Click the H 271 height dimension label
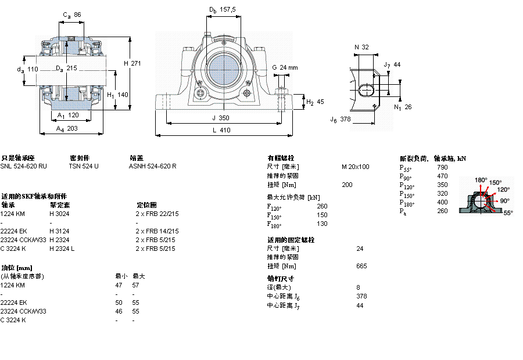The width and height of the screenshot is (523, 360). click(x=133, y=63)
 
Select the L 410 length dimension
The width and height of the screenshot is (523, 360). click(x=221, y=131)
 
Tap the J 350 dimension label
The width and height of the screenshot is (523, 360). click(x=221, y=118)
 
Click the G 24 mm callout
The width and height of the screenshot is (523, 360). click(x=285, y=68)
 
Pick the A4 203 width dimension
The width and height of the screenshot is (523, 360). click(x=67, y=129)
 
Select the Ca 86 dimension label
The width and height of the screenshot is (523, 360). click(x=71, y=15)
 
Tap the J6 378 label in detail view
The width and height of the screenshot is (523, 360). click(x=341, y=120)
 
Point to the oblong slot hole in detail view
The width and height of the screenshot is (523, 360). click(x=368, y=89)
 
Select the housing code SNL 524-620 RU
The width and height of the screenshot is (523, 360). click(x=24, y=166)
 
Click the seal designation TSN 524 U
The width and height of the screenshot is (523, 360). click(x=84, y=166)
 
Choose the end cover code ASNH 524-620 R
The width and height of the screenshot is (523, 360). click(x=152, y=166)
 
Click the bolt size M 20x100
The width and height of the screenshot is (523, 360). click(x=355, y=167)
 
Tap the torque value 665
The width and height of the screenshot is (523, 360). click(x=361, y=266)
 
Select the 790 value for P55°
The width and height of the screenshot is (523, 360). click(x=442, y=167)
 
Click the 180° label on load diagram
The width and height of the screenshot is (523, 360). click(x=481, y=180)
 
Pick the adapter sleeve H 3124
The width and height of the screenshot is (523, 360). click(x=59, y=231)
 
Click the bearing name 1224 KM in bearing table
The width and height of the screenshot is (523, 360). click(x=13, y=214)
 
